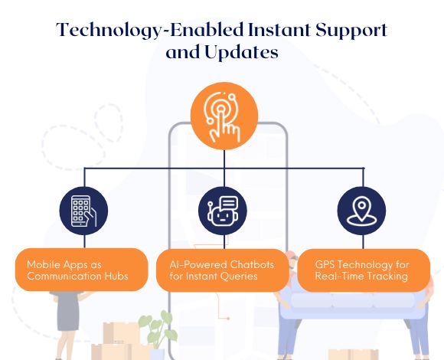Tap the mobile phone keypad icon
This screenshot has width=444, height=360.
[84, 210]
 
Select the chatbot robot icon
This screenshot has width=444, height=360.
[222, 210]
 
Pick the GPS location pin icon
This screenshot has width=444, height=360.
[362, 210]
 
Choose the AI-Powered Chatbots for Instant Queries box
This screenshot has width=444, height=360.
[222, 270]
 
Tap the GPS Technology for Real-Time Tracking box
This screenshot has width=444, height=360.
[363, 270]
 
